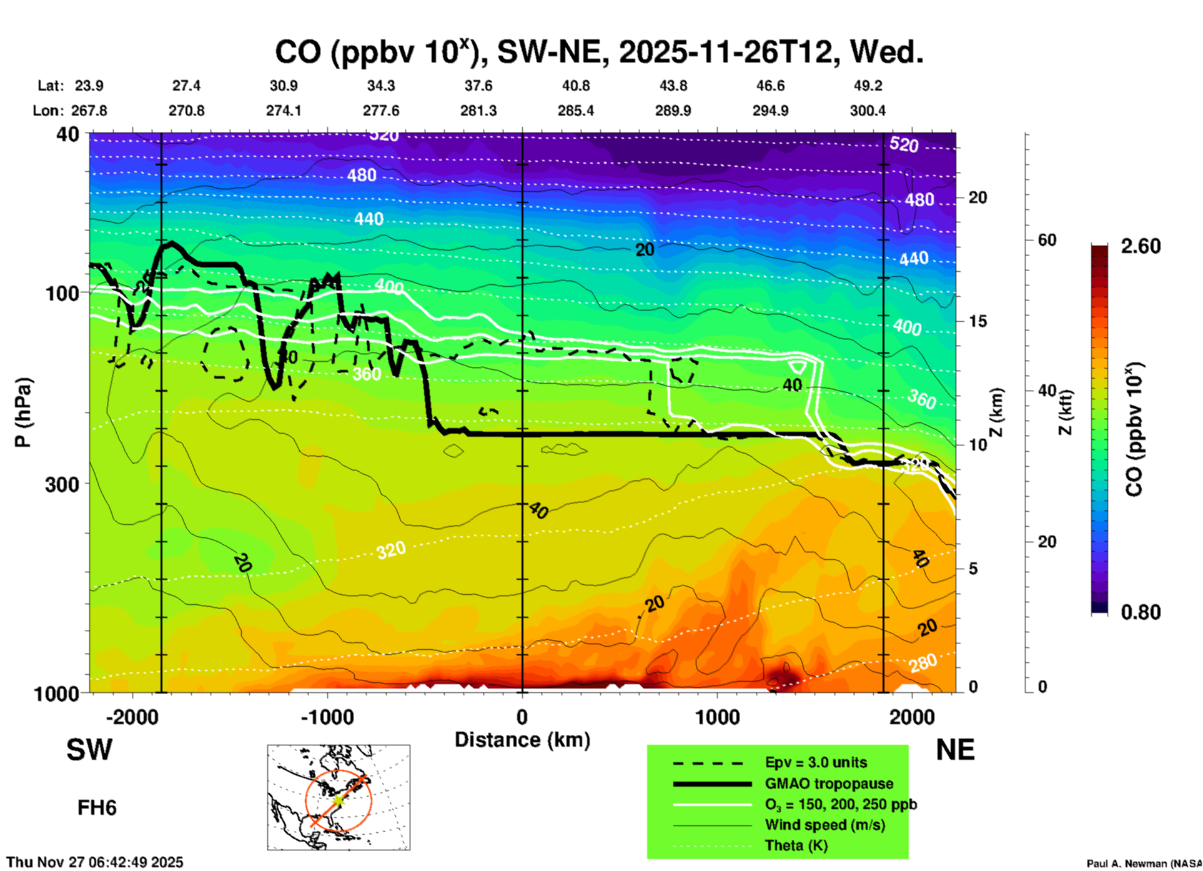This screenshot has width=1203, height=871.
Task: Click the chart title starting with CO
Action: tap(598, 52)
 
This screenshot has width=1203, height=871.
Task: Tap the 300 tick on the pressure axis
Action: tap(62, 484)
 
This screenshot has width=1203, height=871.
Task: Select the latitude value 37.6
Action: tap(478, 86)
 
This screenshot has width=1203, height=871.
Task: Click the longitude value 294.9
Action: tap(770, 111)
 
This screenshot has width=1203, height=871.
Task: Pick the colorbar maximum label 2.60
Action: tap(1141, 246)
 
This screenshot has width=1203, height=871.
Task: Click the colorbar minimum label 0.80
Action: tap(1141, 612)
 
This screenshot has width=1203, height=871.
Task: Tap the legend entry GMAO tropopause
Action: tap(829, 784)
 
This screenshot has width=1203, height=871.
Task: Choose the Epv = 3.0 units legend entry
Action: tap(816, 762)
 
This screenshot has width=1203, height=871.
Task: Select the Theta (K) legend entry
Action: tap(796, 845)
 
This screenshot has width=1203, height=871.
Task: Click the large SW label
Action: tap(89, 750)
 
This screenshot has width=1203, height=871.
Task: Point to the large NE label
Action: tap(955, 750)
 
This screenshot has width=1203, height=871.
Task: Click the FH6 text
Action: tap(97, 808)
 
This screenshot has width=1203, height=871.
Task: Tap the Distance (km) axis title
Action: tap(522, 740)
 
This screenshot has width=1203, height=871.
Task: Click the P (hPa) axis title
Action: tap(23, 412)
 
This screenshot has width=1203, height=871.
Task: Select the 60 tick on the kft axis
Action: tap(1047, 240)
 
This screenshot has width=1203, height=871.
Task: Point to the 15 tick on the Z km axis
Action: tap(978, 321)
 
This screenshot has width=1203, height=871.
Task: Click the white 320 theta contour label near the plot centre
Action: tap(391, 550)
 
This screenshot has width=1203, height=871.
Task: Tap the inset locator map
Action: tap(339, 797)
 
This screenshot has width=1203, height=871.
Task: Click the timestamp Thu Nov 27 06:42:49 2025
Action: tap(95, 862)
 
